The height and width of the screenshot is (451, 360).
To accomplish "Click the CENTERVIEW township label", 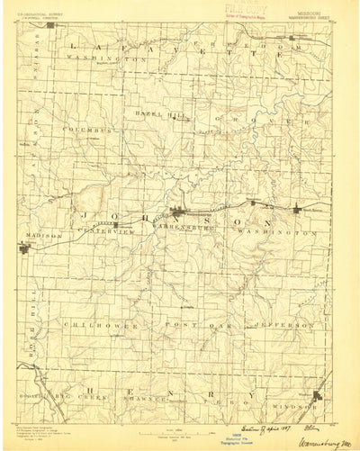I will click(x=111, y=231).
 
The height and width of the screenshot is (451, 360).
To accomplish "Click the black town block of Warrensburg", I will click(x=184, y=213).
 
